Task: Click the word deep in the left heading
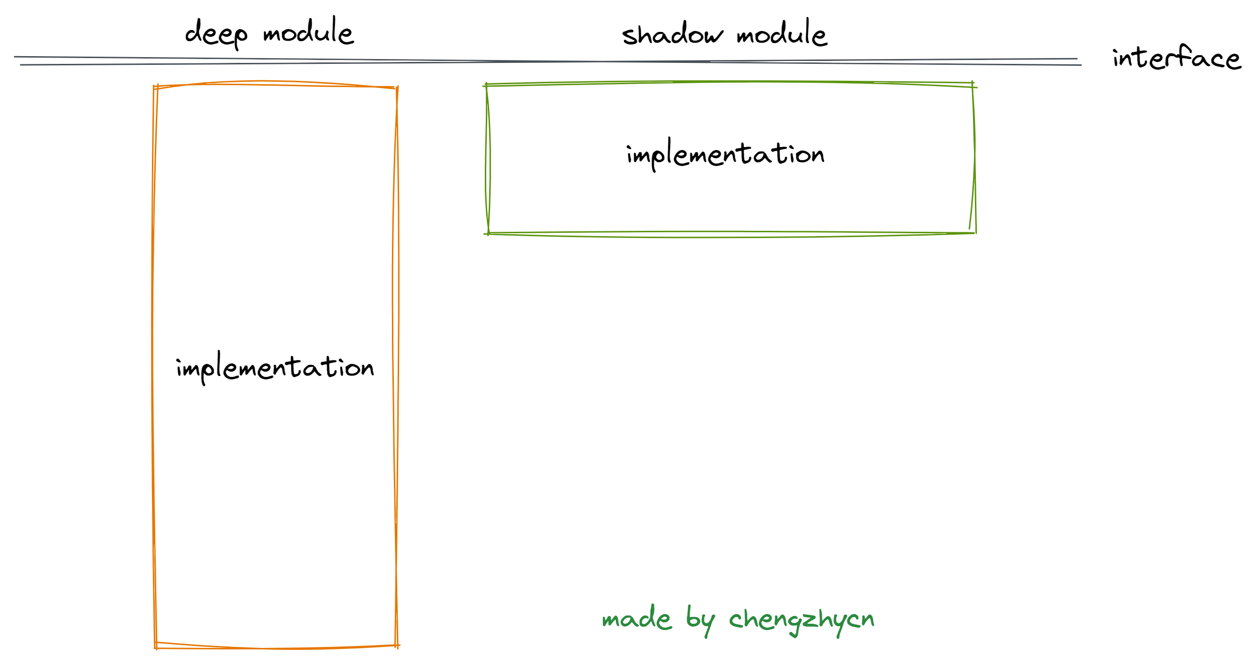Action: coord(216,33)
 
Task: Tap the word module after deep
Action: coord(308,31)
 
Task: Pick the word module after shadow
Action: coord(781,33)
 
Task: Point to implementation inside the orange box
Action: coord(275,367)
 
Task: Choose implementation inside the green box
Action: coord(725,154)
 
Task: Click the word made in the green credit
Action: coord(636,618)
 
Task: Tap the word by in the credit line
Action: coord(700,619)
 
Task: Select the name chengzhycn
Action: coord(802,619)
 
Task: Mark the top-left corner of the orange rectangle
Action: coord(155,87)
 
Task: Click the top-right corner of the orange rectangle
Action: coord(397,88)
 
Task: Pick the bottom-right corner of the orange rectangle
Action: coord(397,646)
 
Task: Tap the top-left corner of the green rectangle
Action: coord(487,85)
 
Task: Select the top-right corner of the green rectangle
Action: coord(973,85)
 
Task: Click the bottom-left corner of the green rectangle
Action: coord(488,234)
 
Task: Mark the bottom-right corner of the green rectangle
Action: coord(974,233)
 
